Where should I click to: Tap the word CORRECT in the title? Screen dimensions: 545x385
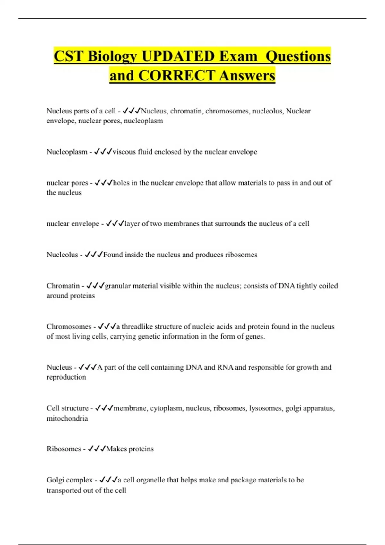176,76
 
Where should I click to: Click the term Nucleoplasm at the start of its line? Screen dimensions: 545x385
67,152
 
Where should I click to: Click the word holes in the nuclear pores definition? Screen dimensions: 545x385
122,183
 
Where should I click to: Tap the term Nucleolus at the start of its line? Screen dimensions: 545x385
62,255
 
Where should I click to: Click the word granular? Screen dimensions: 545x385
117,286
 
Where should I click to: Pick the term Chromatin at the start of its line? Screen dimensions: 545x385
63,286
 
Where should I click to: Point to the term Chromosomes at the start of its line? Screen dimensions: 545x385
69,326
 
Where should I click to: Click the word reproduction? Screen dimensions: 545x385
66,377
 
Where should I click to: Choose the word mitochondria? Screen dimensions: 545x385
67,418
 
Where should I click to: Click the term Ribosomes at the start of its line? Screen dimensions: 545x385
64,449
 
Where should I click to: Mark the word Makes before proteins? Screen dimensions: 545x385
116,449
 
